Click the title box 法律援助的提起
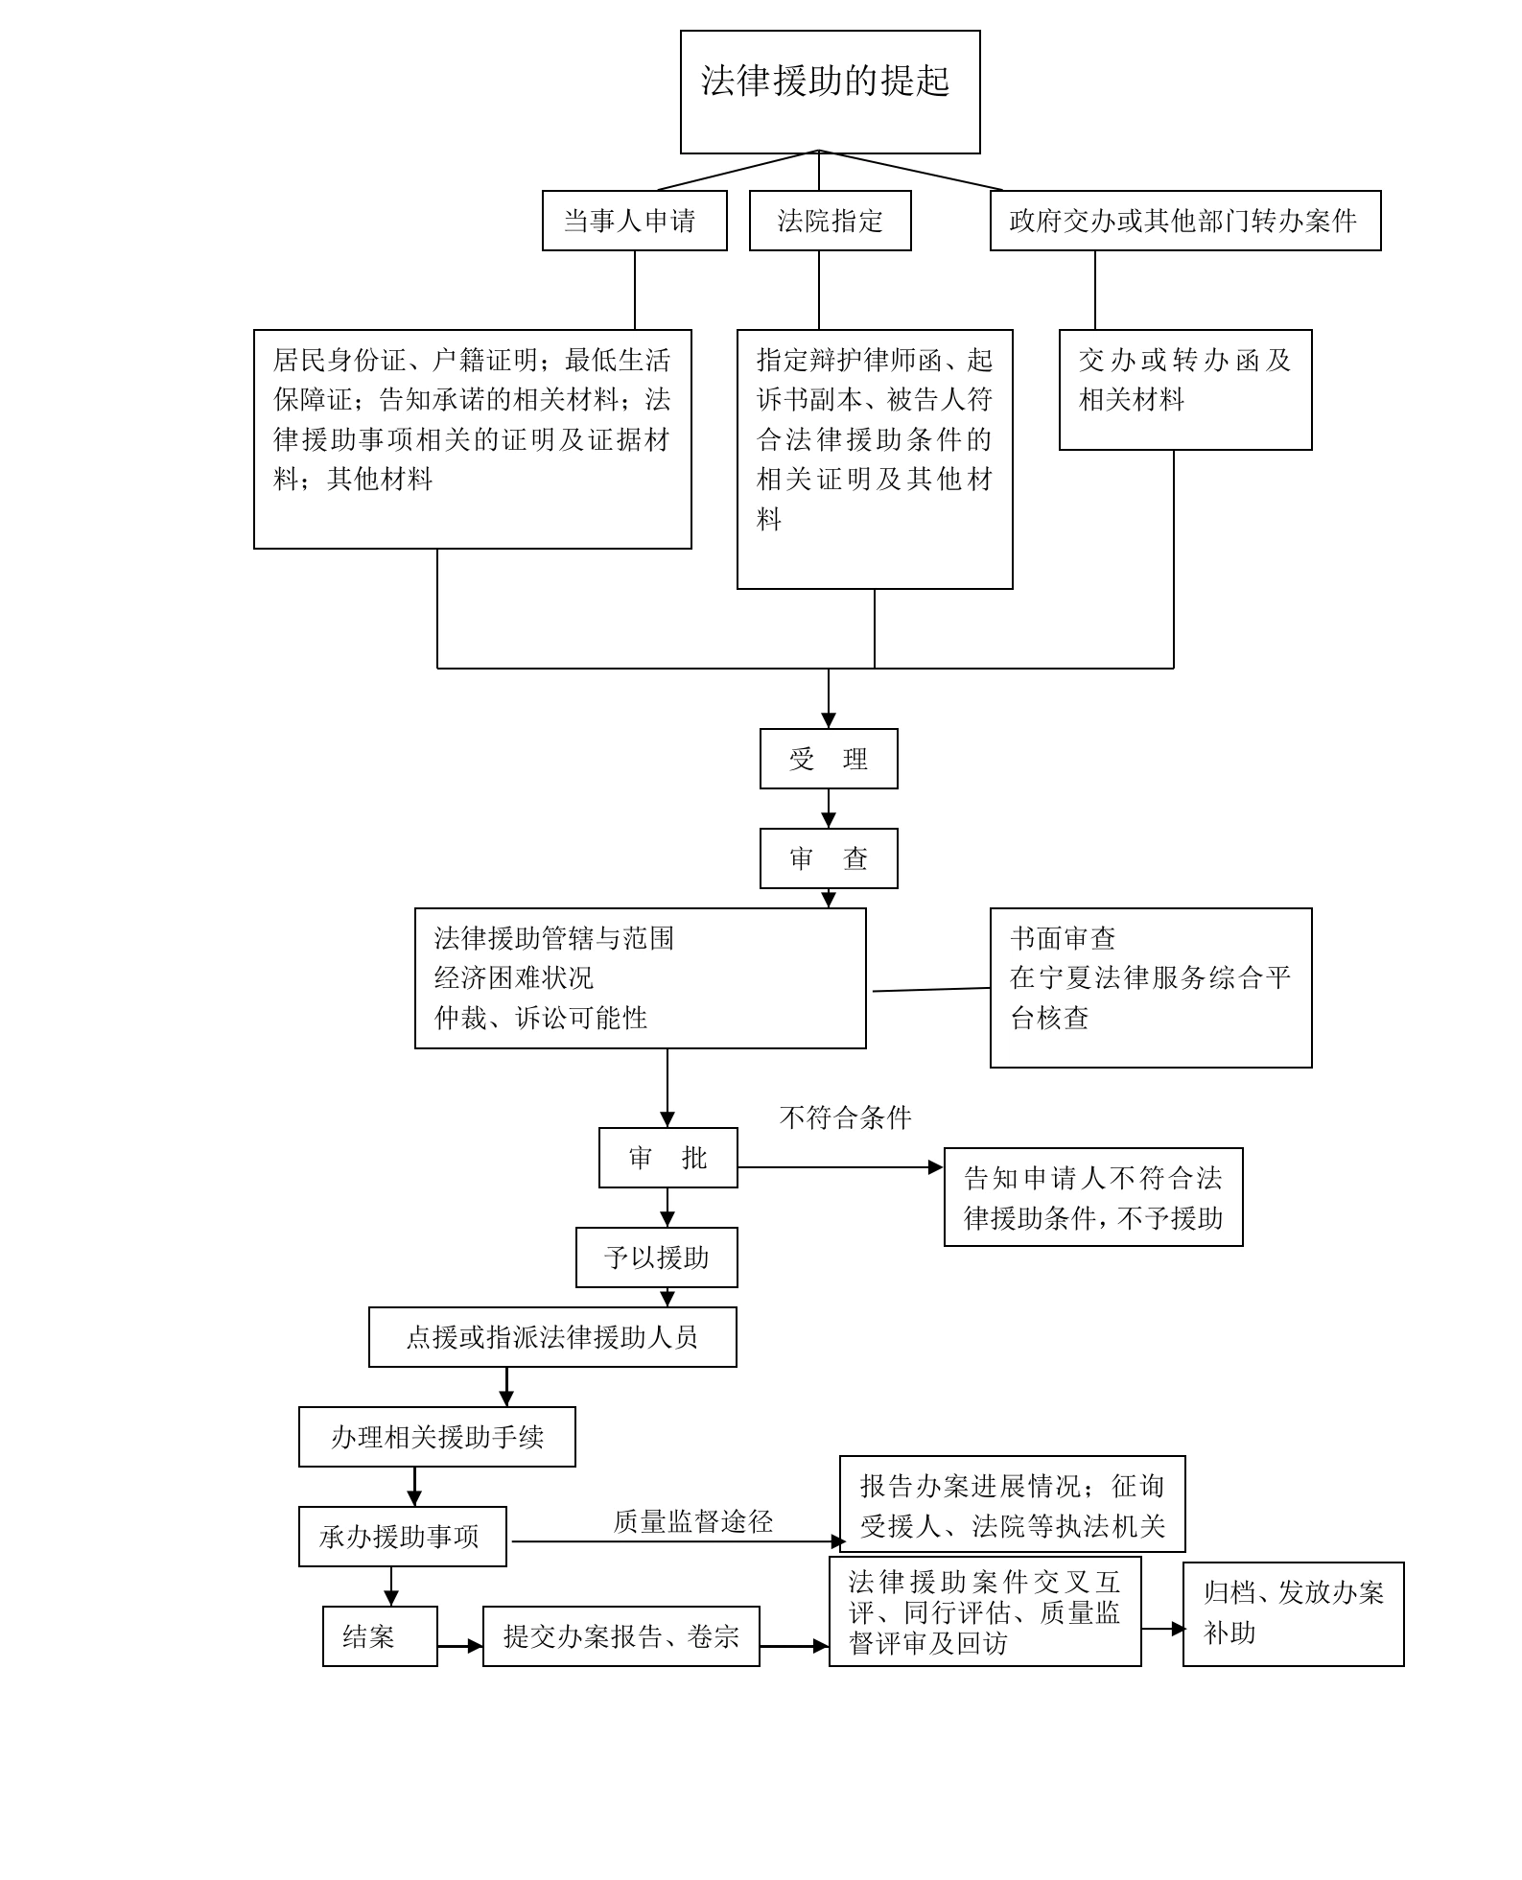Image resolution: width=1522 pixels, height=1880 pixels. (830, 91)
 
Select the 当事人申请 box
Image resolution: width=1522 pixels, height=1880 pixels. (634, 221)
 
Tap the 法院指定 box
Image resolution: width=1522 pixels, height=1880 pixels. (830, 221)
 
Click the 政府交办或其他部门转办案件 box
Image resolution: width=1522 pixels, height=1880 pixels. (1184, 221)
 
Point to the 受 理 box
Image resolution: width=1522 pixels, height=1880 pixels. (829, 759)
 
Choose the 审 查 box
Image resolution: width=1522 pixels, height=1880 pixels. (829, 858)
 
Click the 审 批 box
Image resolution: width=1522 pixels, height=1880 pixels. (667, 1158)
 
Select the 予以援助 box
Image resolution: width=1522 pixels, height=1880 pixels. (656, 1257)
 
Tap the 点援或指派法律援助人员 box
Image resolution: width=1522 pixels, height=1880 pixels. (552, 1337)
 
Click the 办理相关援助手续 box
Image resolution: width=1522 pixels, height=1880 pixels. (436, 1437)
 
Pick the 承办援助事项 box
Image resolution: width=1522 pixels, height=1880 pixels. (402, 1537)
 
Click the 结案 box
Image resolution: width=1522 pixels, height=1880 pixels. (380, 1636)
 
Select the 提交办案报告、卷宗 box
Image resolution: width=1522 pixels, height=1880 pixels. (621, 1636)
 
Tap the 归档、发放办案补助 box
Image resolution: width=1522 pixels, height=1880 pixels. (1293, 1614)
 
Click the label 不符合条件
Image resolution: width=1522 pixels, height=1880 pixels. (845, 1117)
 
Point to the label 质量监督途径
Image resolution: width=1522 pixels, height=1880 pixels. (692, 1521)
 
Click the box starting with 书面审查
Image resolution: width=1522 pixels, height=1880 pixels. (1150, 987)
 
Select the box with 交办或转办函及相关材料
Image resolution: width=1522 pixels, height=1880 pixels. (1184, 389)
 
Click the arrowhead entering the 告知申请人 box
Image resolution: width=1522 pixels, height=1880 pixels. (936, 1167)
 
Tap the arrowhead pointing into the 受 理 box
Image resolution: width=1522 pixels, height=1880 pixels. (829, 720)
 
